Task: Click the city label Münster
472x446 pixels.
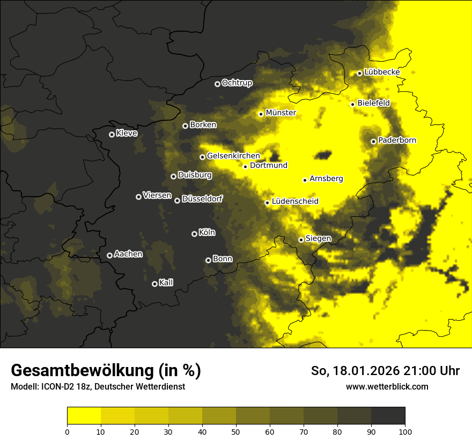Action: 281,113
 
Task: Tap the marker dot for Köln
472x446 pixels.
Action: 194,234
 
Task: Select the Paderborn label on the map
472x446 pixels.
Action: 397,141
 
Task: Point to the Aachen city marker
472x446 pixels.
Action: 109,255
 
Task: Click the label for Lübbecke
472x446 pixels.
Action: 382,72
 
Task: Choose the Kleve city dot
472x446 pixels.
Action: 112,134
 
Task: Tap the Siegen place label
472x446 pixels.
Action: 319,239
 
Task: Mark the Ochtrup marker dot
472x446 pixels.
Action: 217,84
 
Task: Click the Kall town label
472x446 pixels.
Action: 166,283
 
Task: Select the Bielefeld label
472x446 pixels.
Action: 374,103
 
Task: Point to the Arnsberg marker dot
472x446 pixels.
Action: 305,180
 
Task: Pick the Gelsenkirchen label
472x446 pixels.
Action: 233,156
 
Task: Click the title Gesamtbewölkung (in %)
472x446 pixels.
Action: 106,371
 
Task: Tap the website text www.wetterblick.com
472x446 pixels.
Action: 387,386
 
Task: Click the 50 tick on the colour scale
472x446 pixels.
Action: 236,431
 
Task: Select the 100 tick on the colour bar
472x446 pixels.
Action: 405,431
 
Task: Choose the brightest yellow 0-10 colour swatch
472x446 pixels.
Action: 84,416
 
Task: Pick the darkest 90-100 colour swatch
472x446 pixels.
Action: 388,416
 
